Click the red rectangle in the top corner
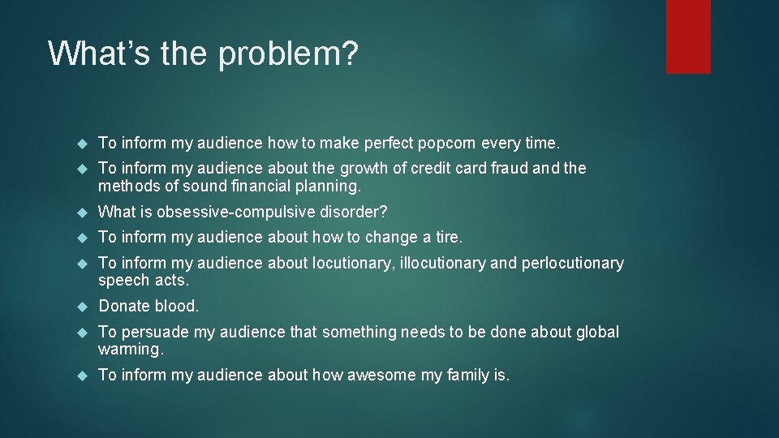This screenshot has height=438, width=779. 688,36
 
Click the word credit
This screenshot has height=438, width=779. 433,169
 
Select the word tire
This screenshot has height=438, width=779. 448,238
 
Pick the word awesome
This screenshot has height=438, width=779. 378,375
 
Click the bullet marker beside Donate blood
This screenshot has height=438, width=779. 81,307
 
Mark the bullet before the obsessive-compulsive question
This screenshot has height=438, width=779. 81,213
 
